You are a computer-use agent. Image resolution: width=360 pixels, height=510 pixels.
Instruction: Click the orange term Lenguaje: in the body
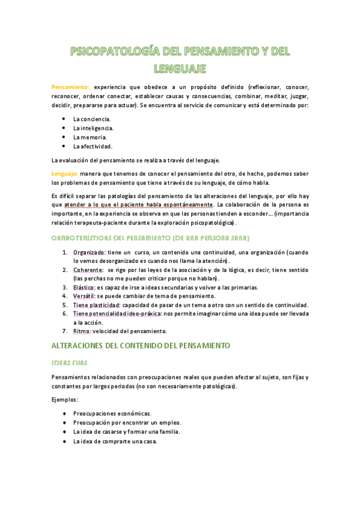coord(64,174)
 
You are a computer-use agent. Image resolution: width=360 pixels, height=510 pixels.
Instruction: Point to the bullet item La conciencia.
coord(91,119)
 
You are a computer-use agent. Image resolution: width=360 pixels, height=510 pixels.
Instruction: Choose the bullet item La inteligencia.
coord(93,128)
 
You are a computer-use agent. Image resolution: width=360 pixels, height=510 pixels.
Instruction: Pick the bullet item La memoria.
coord(90,137)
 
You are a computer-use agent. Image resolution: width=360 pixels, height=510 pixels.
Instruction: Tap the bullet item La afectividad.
coord(93,146)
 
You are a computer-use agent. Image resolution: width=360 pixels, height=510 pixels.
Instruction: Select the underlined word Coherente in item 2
coord(87,270)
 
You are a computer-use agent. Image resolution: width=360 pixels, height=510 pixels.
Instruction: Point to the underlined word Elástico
coord(84,287)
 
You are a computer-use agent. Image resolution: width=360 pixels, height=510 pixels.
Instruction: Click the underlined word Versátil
coord(84,296)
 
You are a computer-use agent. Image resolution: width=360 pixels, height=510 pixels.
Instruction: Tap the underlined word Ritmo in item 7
coord(81,331)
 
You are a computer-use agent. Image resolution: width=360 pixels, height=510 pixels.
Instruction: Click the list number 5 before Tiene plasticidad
coord(64,305)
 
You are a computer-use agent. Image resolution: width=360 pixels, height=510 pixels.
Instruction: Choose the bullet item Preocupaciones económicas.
coord(112,414)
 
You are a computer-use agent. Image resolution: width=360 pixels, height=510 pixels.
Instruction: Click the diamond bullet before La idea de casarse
coord(64,432)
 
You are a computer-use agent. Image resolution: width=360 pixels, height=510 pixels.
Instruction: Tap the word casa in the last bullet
coord(149,441)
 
